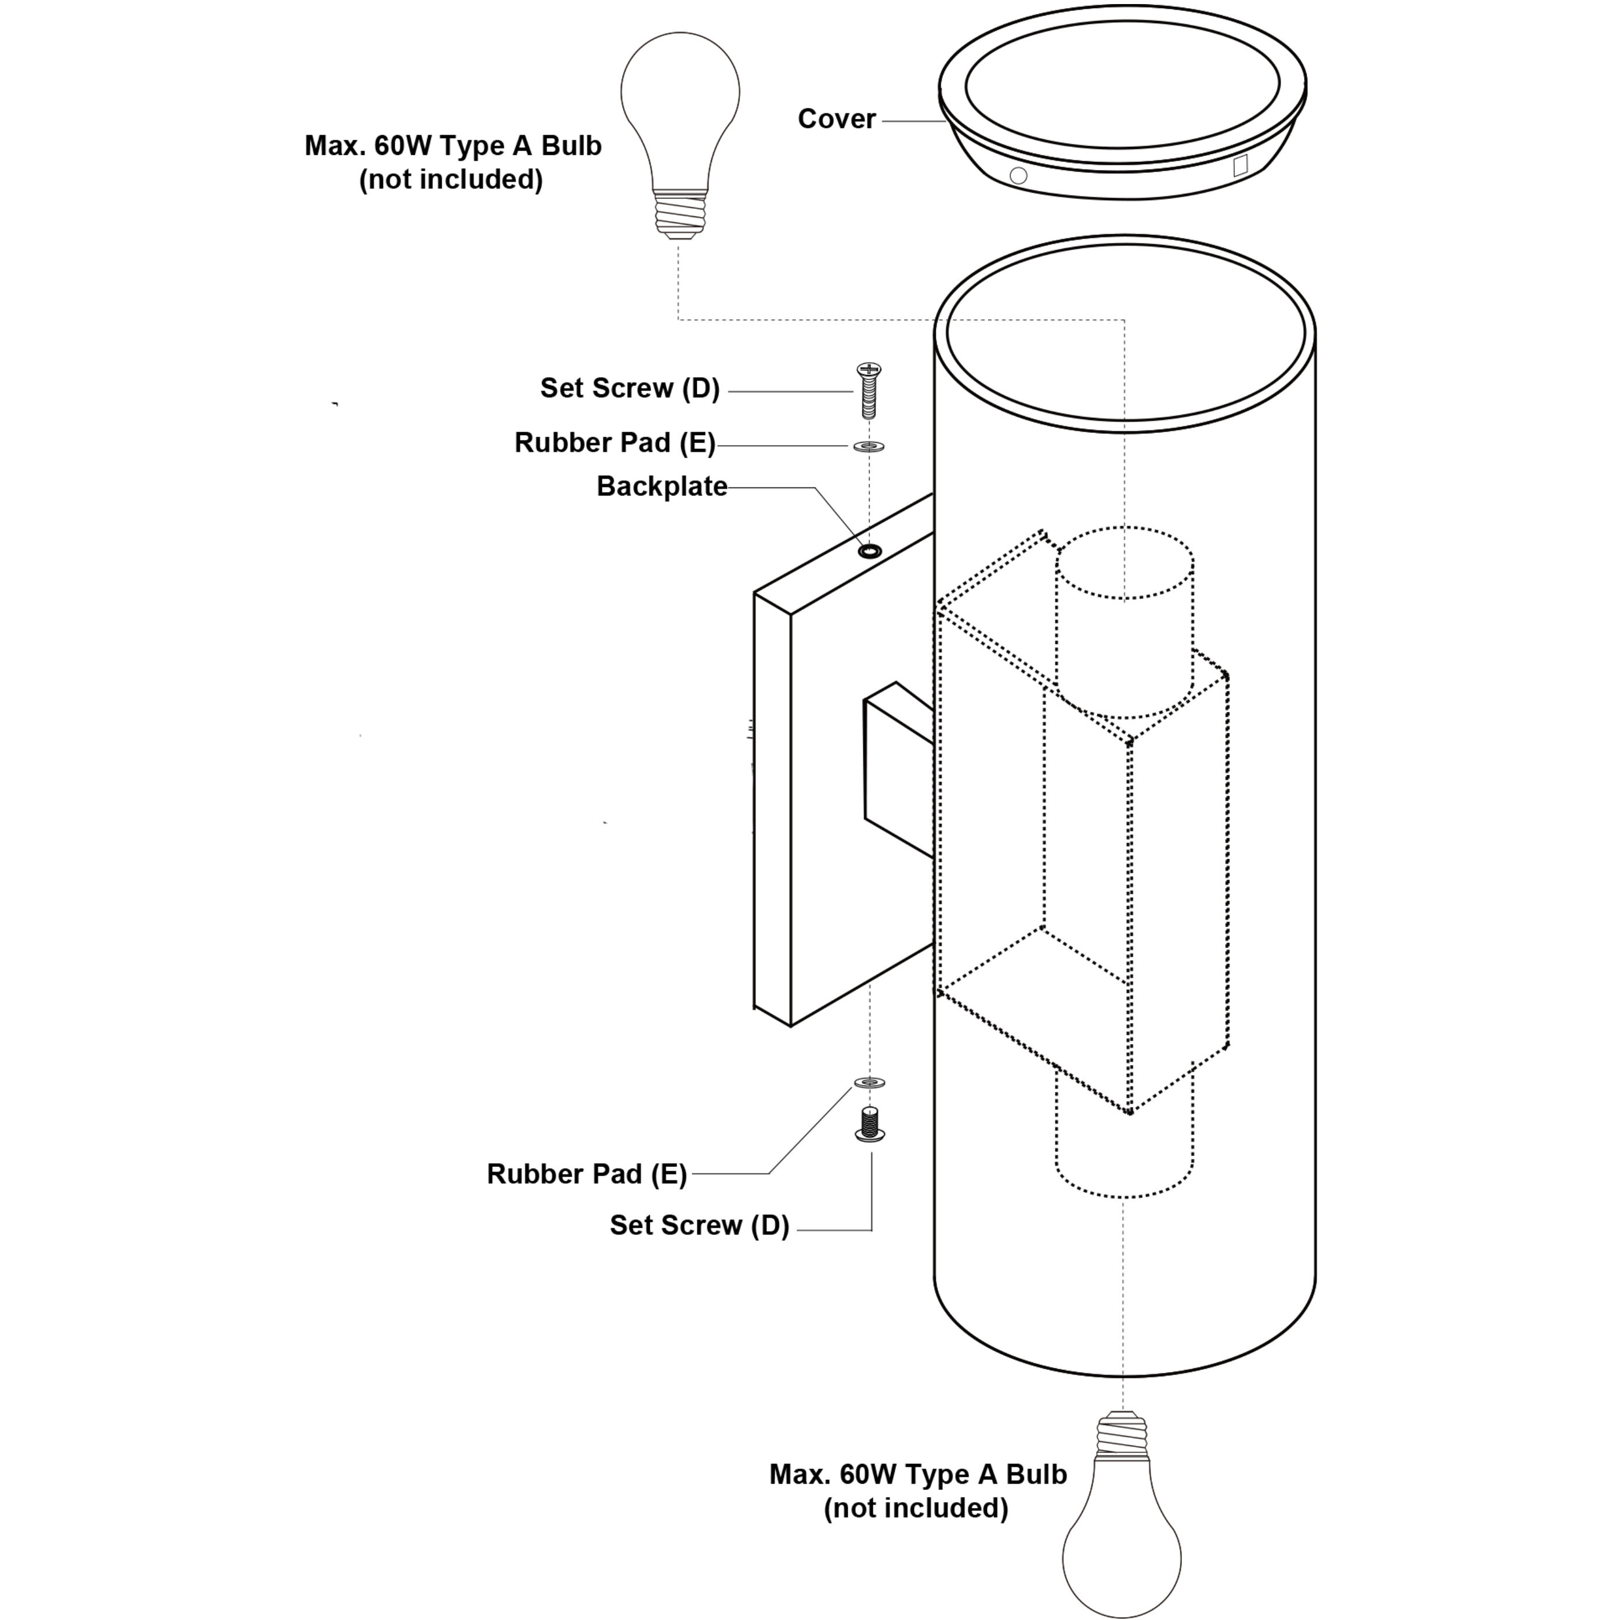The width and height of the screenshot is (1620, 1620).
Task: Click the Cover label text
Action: click(x=836, y=119)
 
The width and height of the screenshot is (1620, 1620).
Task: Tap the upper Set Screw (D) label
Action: click(x=630, y=388)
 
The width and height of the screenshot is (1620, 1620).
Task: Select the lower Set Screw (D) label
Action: click(x=699, y=1225)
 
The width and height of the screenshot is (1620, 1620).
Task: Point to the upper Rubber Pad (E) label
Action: click(x=614, y=443)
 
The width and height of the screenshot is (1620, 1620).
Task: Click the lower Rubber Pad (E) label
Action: click(x=587, y=1174)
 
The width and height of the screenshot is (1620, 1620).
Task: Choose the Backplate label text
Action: click(x=661, y=486)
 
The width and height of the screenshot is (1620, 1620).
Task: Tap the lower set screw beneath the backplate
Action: click(x=870, y=1123)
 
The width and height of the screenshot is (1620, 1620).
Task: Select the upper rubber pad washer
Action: click(x=869, y=445)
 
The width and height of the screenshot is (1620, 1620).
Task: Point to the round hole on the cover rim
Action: click(x=1018, y=176)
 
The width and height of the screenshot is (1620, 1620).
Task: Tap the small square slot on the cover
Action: click(x=1240, y=165)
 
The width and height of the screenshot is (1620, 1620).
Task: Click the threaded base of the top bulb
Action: click(x=680, y=215)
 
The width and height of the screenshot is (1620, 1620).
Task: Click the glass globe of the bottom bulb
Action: click(x=1122, y=1551)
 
